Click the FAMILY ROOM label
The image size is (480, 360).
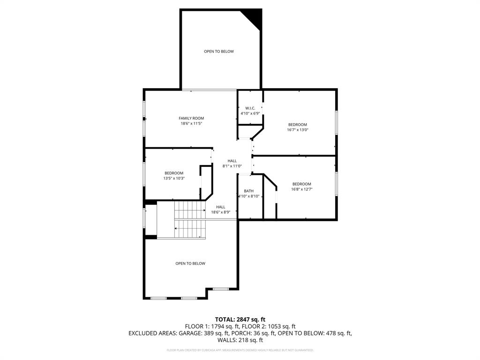coord(191,118)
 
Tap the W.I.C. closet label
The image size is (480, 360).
coord(250,108)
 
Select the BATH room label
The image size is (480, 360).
coord(248,191)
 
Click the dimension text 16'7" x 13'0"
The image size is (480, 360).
coord(298,130)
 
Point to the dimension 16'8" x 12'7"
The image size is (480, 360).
coord(301,189)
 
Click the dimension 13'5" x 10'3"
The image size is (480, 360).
coord(173,179)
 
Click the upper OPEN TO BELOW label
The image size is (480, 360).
coord(218,52)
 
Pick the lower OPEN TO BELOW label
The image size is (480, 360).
coord(190,263)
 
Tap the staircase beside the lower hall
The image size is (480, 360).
coord(190,219)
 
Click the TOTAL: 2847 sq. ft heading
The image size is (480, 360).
coord(240,319)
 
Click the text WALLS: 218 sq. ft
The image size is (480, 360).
coord(240,340)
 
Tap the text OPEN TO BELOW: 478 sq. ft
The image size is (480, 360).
coord(315,333)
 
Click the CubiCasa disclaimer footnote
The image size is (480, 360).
coord(240,350)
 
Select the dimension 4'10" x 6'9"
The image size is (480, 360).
coord(250,113)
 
